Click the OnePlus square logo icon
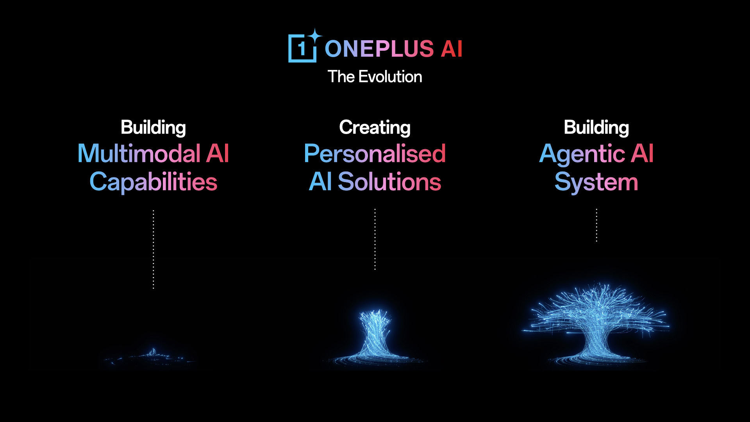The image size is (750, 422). (302, 48)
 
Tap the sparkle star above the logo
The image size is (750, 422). (314, 36)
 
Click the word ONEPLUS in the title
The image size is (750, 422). (379, 49)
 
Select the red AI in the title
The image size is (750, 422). (452, 49)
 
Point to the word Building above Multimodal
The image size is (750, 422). (153, 127)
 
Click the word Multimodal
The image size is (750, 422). (139, 153)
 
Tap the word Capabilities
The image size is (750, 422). (153, 182)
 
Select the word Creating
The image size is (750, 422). (375, 127)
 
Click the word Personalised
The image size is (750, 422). (375, 153)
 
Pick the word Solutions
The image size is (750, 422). (389, 182)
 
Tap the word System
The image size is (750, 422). (596, 182)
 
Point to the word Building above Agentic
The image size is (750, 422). (596, 127)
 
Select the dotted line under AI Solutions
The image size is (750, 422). (375, 239)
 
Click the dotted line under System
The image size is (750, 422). (596, 225)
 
